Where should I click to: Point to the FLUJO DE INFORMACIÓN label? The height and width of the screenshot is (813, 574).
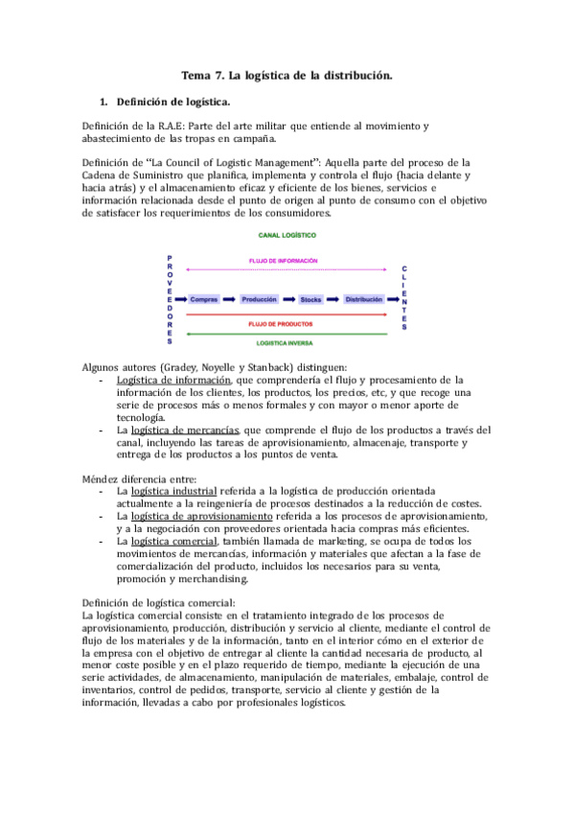tap(283, 261)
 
